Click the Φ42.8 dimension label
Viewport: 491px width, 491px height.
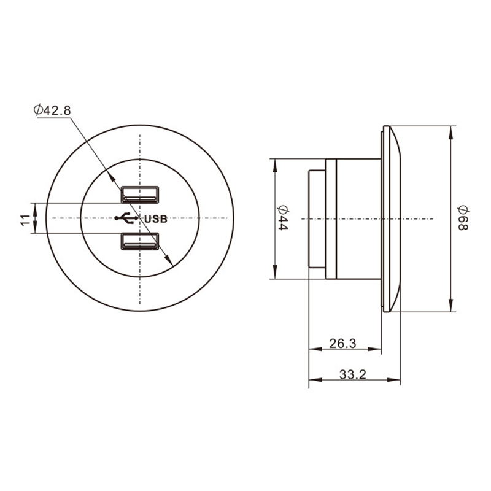(x=52, y=110)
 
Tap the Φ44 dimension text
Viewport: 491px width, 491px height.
(x=282, y=218)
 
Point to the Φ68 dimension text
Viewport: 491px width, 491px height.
(x=463, y=218)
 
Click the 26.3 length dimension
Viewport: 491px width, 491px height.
(x=342, y=344)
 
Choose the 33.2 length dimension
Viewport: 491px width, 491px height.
(x=352, y=374)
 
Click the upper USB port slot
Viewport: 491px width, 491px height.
(x=140, y=195)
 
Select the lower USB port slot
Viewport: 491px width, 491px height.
(x=140, y=241)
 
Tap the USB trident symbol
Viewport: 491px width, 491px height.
(x=126, y=218)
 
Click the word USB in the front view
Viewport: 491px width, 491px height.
(x=156, y=219)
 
